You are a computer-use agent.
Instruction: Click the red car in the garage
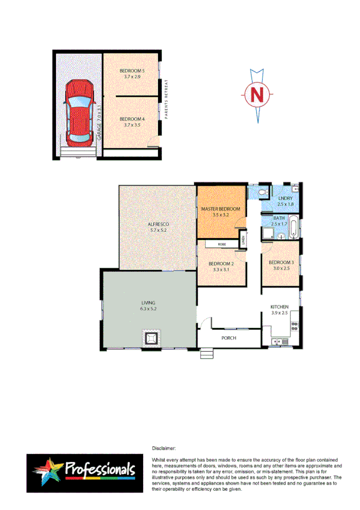tap(79, 112)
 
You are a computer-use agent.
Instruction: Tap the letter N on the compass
tap(257, 94)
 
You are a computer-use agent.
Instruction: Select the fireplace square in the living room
tap(150, 339)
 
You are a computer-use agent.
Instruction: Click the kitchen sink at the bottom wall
tap(276, 342)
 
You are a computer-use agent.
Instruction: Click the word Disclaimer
tap(163, 448)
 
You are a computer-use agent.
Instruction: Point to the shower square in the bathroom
tap(267, 232)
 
